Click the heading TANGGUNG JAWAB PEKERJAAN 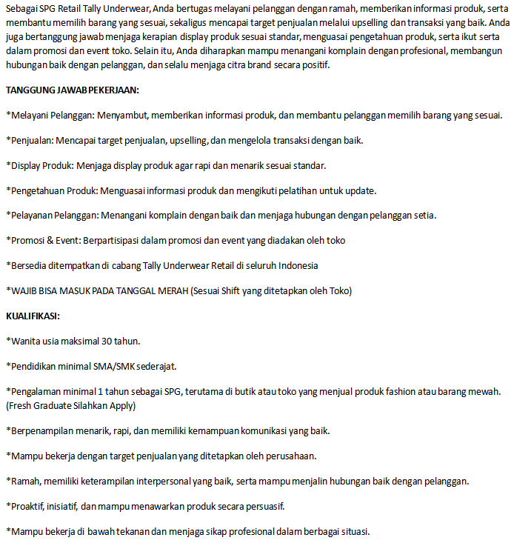(73, 90)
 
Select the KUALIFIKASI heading (33, 316)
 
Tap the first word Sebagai (21, 8)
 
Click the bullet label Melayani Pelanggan (50, 116)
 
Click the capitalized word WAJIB (23, 290)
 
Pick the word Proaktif (27, 506)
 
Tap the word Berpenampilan (42, 430)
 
